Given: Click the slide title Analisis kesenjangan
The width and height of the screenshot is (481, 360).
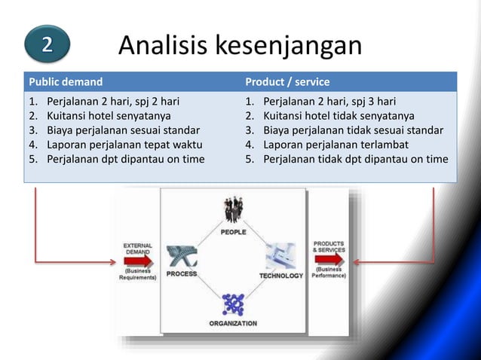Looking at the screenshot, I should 240,46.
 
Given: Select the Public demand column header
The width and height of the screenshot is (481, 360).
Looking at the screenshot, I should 66,81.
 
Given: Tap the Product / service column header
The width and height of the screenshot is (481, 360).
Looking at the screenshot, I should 287,81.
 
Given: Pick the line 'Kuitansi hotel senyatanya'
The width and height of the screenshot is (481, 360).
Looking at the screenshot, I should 108,116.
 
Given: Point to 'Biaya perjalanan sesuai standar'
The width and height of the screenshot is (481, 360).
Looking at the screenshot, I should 122,130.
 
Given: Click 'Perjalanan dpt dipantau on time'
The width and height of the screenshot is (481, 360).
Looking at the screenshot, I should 125,159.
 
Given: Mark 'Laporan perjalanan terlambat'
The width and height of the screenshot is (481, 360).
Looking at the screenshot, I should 335,145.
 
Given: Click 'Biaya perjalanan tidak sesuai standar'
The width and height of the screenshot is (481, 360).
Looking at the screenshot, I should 353,130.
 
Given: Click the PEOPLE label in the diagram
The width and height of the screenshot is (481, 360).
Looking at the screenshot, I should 233,232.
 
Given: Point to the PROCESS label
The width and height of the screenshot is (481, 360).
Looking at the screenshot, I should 182,274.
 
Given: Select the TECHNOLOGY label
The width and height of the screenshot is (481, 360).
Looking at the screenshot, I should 281,276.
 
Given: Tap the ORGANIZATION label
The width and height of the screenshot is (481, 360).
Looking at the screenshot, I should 233,323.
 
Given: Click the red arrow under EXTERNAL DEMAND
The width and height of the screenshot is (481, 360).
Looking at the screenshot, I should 137,261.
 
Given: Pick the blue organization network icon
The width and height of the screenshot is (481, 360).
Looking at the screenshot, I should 233,304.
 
